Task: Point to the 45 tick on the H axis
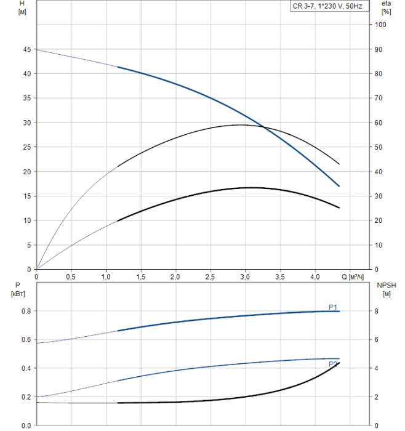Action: click(x=27, y=49)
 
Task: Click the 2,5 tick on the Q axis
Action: click(x=211, y=276)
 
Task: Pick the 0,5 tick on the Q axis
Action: click(x=71, y=276)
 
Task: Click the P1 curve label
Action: click(x=333, y=307)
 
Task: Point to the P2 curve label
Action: click(x=333, y=365)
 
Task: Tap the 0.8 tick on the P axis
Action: click(x=25, y=311)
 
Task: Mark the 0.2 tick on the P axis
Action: click(x=25, y=397)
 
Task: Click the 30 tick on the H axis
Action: click(x=27, y=123)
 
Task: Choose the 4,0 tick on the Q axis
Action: click(x=315, y=276)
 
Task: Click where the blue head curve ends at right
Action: click(x=339, y=186)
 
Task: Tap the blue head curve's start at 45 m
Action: click(x=37, y=49)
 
